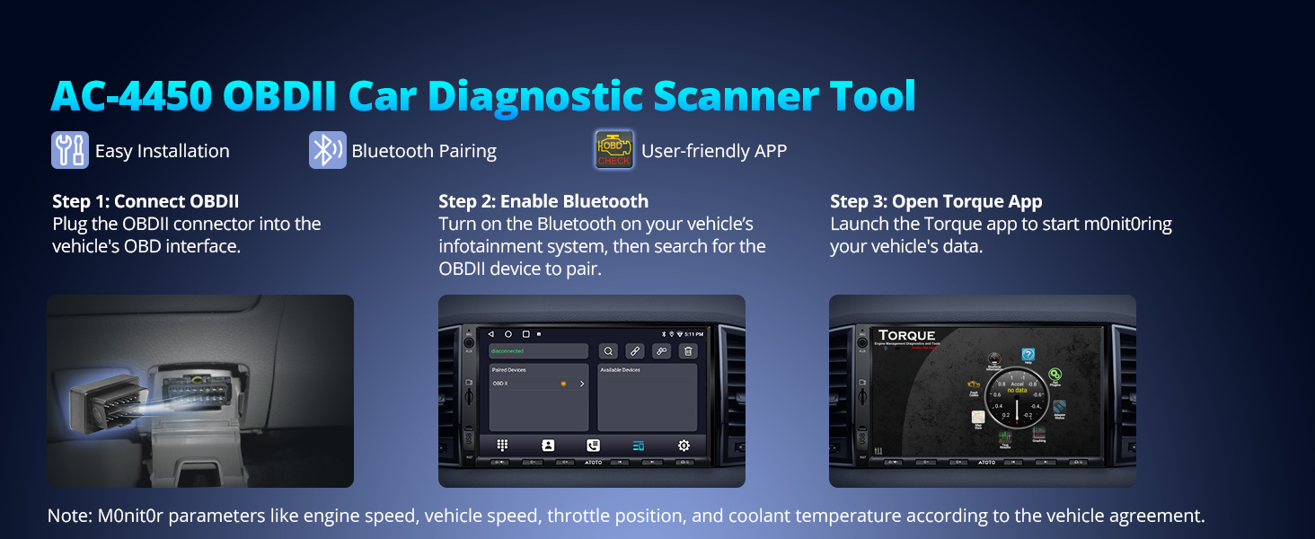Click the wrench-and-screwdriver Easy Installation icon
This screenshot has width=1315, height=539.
pos(70,150)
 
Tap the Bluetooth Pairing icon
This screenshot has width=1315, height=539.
pos(327,150)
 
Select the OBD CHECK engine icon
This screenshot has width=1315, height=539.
pos(614,150)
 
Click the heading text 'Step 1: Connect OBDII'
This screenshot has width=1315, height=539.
pos(146,201)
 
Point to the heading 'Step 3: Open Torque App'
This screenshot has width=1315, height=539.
pos(936,201)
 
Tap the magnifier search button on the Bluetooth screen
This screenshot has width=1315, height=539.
pos(608,351)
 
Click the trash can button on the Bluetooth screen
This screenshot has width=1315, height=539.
pos(688,351)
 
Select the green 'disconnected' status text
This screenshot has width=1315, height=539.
pos(507,351)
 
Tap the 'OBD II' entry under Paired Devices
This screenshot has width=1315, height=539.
pos(501,384)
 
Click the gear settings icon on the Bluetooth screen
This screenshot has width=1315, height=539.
pos(684,446)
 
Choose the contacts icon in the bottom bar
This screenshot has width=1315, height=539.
pos(548,446)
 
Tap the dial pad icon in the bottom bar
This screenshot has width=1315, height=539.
pos(503,446)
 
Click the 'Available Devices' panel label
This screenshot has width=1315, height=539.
pos(620,369)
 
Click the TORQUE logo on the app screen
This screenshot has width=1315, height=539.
pos(907,336)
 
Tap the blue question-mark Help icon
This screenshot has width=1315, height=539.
pos(1028,356)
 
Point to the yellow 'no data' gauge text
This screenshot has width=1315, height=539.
pos(1017,391)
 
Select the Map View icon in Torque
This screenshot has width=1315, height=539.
pos(978,418)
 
